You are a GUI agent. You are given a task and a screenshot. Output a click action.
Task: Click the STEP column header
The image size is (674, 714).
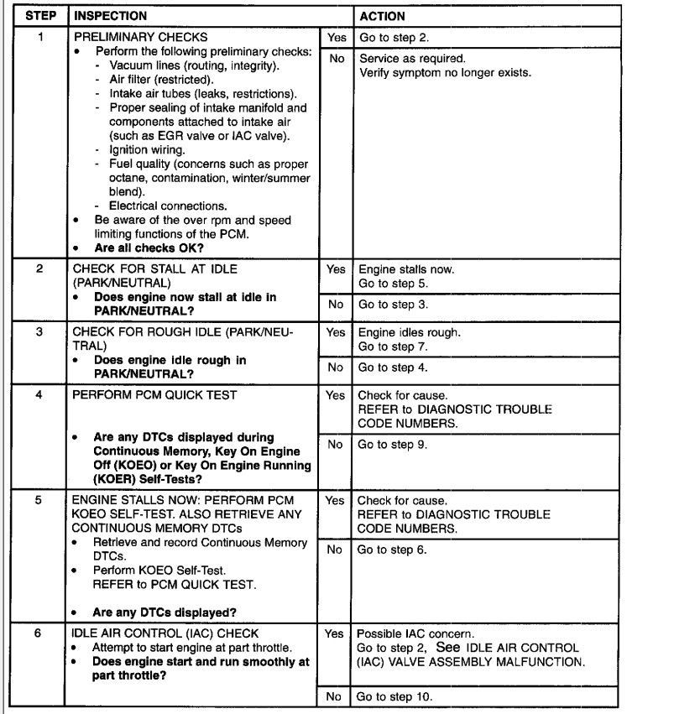[40, 16]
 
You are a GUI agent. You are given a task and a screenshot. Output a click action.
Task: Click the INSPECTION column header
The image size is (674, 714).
[110, 16]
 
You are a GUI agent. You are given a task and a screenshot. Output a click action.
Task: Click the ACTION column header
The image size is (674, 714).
[382, 16]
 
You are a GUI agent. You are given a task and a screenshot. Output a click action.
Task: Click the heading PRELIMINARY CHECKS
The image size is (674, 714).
[141, 38]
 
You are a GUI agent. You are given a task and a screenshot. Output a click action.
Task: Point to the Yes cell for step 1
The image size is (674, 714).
[336, 38]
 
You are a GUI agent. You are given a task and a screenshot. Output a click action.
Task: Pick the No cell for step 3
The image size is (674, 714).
[336, 367]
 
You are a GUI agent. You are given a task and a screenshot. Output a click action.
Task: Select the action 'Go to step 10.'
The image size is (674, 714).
[394, 696]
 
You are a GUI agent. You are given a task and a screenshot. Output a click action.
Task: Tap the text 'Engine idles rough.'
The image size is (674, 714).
[410, 332]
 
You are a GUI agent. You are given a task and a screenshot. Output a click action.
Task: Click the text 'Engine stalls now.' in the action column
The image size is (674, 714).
[407, 269]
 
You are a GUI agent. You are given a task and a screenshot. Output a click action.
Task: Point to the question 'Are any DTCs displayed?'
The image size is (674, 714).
[165, 612]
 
